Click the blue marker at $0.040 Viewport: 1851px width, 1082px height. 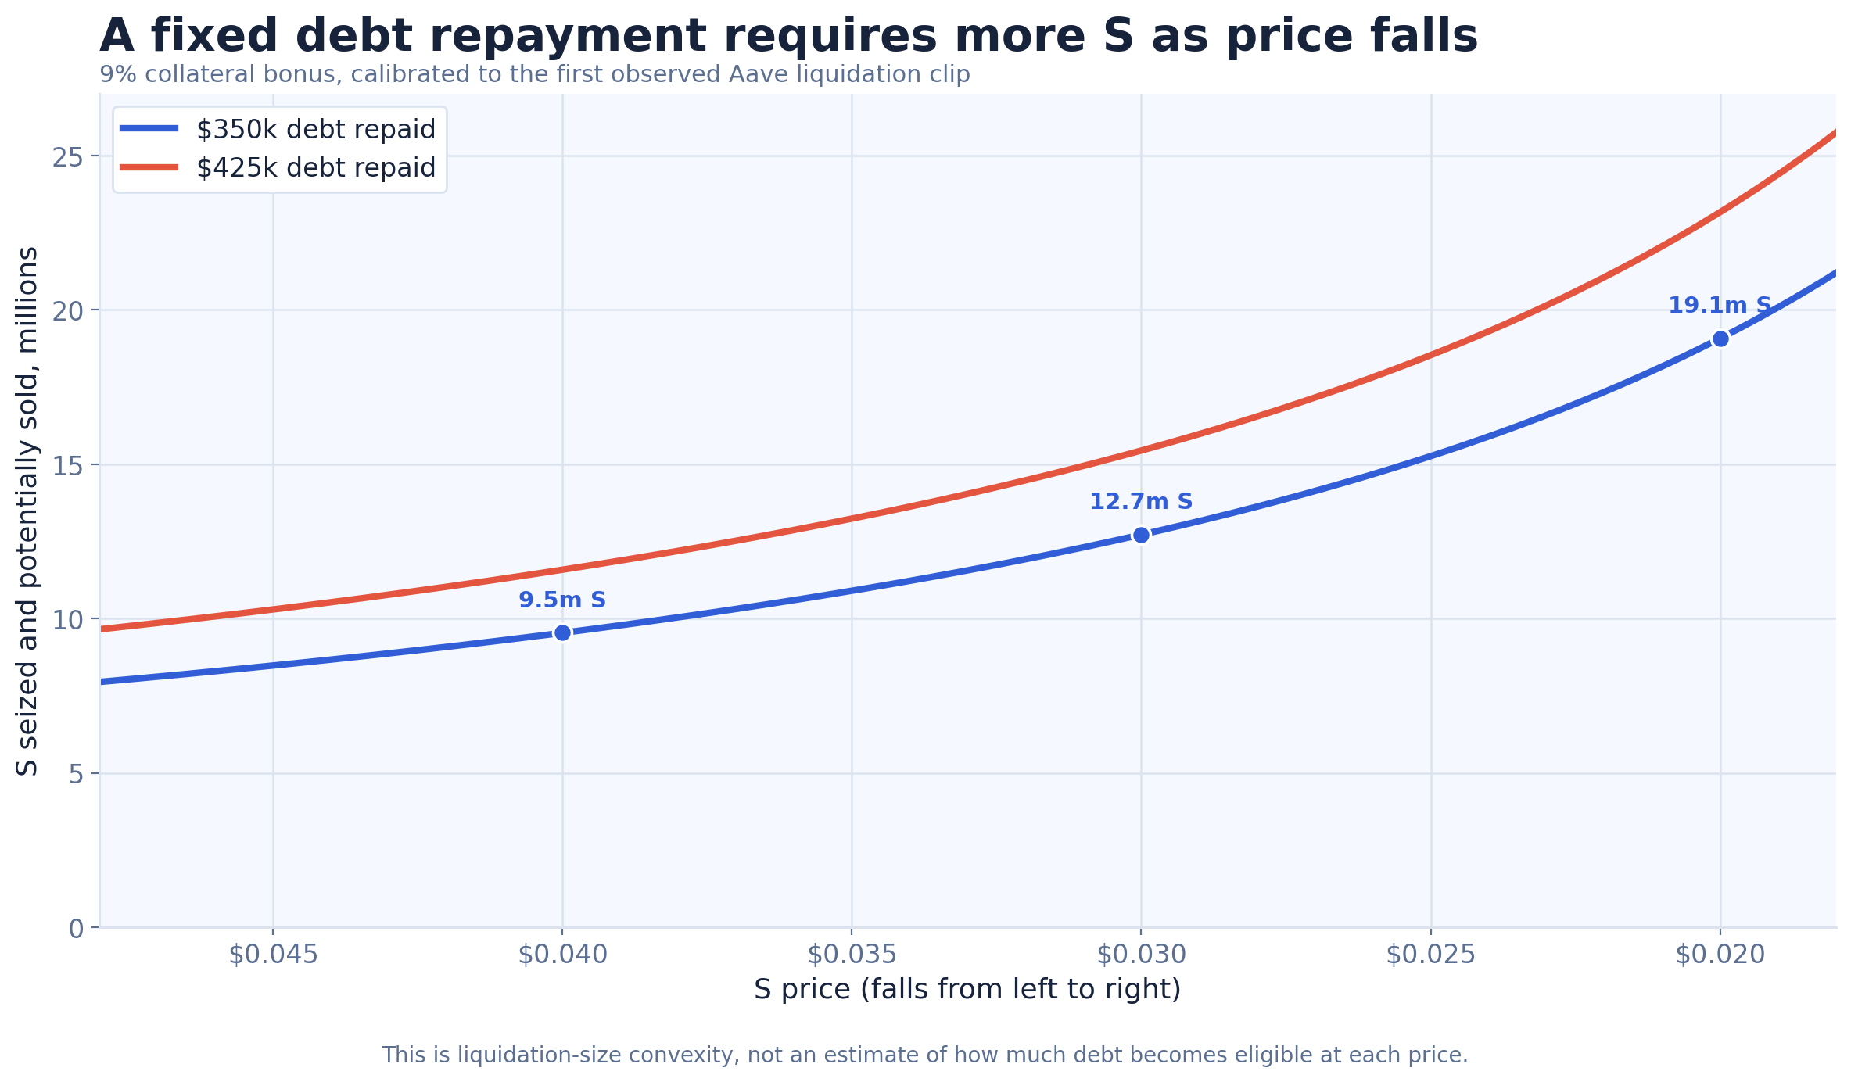point(562,632)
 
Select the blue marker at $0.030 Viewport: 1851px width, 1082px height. point(1141,535)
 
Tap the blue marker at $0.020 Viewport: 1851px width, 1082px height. point(1720,339)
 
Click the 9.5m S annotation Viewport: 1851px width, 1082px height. point(562,600)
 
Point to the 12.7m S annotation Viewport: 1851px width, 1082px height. point(1141,502)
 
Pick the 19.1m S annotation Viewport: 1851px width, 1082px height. point(1720,306)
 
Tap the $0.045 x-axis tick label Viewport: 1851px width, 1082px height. point(273,955)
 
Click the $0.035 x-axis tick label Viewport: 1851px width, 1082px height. point(852,955)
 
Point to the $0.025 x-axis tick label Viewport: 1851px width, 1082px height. point(1431,955)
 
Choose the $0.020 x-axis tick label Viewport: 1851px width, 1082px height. point(1720,955)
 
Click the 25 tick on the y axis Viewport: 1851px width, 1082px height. point(67,157)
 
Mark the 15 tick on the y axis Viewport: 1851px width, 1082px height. point(67,466)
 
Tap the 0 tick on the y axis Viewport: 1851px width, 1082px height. point(76,929)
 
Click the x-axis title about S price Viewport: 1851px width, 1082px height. point(967,990)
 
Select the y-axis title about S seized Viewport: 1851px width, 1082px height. point(27,511)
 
